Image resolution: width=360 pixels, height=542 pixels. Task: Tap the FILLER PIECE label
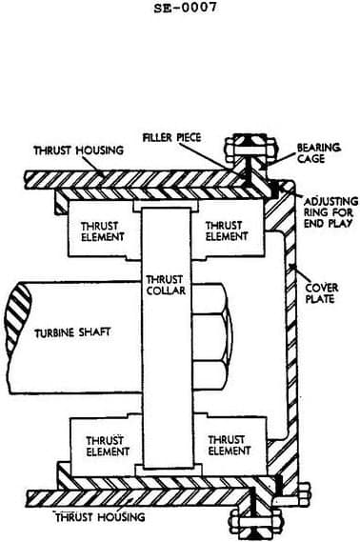pyautogui.click(x=170, y=137)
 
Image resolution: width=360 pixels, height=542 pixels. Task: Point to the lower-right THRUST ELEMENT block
pyautogui.click(x=226, y=446)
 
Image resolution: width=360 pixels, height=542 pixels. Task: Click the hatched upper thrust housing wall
pyautogui.click(x=124, y=178)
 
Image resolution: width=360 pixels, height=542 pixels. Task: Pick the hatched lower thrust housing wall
pyautogui.click(x=124, y=497)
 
